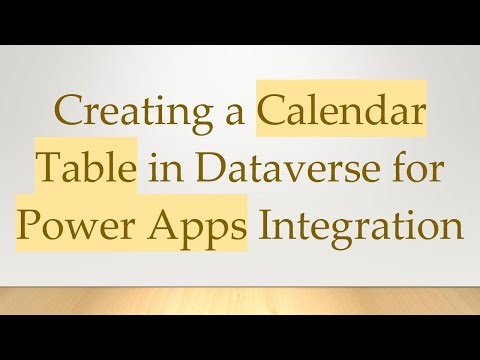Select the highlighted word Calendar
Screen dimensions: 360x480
coord(342,115)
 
